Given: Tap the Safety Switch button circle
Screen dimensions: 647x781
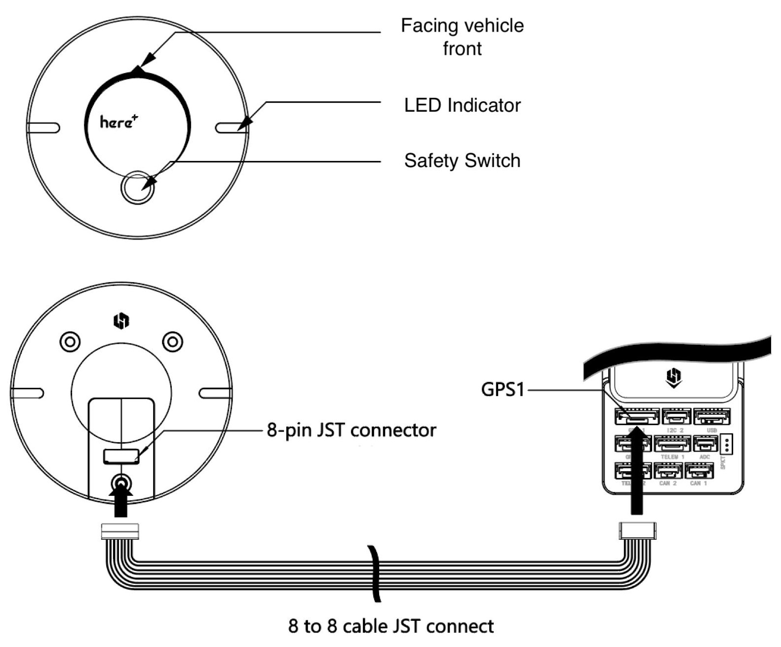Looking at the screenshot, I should pos(138,188).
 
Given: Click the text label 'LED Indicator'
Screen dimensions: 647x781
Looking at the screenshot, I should pos(462,105).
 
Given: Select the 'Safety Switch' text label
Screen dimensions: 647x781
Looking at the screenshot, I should pos(462,161).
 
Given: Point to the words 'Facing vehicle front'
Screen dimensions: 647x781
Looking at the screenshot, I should pos(462,37).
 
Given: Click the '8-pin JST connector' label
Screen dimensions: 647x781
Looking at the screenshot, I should pos(351,430).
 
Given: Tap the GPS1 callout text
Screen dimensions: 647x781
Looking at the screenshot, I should pos(502,390).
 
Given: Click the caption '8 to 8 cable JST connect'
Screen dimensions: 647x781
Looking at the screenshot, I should pos(391,626).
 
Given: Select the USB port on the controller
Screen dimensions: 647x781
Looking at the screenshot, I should pos(711,417).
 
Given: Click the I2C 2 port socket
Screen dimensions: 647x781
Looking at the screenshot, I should pos(676,417).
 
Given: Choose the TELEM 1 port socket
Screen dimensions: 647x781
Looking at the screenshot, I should pos(672,444).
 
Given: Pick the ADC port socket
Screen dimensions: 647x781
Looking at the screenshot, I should pos(705,444).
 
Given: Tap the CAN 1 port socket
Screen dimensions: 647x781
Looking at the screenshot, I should pos(699,471).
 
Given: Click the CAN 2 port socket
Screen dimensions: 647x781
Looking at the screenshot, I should pos(668,471).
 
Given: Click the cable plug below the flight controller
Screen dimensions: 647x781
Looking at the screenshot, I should pos(637,531).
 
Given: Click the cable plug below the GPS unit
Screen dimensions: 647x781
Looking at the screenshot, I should pos(120,531).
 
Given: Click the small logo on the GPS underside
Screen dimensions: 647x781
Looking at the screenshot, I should pos(121,322).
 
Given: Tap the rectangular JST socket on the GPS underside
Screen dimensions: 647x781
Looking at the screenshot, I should pos(121,456).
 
